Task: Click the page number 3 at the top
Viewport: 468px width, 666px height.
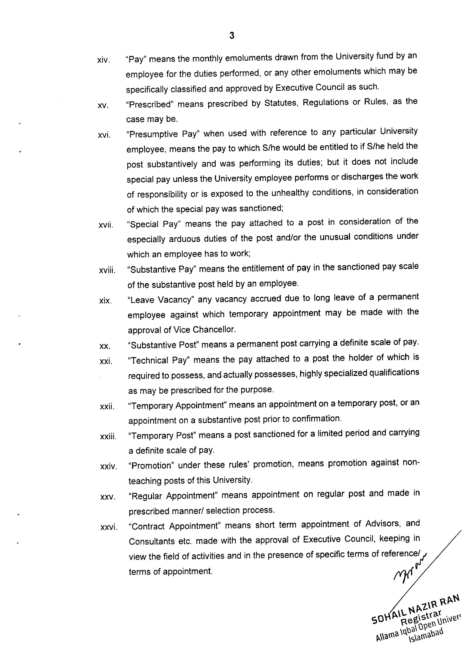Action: (232, 36)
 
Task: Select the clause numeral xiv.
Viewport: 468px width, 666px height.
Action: (103, 60)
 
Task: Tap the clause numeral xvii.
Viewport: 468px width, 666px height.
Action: (106, 225)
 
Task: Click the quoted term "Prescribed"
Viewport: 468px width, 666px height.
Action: (150, 104)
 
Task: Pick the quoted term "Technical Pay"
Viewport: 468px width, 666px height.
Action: (158, 360)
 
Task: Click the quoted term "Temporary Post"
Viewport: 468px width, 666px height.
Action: (161, 436)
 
